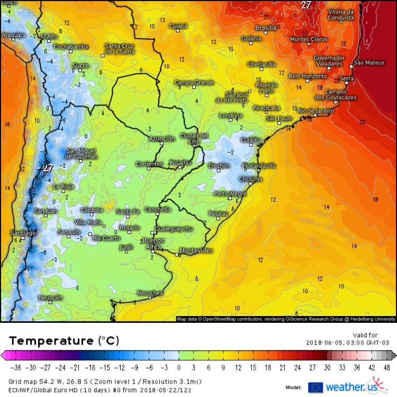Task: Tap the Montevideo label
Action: coord(196,250)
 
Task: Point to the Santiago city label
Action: coord(23,233)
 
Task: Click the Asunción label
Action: coord(162,139)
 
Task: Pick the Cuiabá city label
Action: coord(178,26)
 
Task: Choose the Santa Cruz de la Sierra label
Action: coord(120,49)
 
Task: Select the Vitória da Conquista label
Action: coord(341,15)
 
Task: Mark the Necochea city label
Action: coord(150,293)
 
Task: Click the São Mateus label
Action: coord(369,62)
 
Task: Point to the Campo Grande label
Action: coord(194,83)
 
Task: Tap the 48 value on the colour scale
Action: coord(387,367)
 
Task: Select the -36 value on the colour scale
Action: coord(17,367)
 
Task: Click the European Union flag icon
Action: coord(315,387)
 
